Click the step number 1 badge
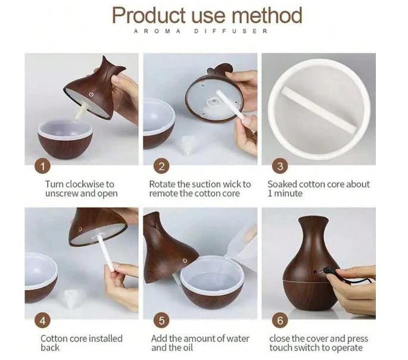[x=43, y=167]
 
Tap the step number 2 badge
[x=161, y=167]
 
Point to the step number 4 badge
[x=43, y=321]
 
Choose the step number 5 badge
[x=161, y=321]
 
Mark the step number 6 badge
[x=280, y=321]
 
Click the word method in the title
[x=267, y=15]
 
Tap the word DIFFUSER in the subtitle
[x=231, y=32]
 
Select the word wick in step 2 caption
[x=233, y=184]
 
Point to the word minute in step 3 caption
[x=288, y=193]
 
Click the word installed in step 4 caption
[x=105, y=339]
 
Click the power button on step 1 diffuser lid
[x=91, y=95]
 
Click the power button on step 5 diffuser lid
[x=185, y=260]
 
